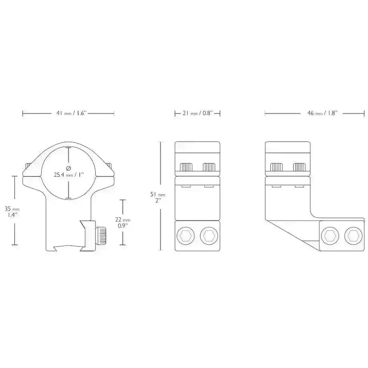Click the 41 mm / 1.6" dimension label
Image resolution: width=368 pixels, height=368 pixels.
[x=72, y=113]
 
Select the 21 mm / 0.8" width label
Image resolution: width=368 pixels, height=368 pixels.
[x=197, y=113]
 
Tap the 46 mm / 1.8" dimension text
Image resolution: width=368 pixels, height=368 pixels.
[x=322, y=113]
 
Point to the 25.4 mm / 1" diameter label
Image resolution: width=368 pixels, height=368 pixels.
[x=69, y=175]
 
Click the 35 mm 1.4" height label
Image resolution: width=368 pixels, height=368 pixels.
[x=12, y=212]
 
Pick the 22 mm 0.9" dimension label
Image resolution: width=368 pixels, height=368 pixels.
[x=122, y=222]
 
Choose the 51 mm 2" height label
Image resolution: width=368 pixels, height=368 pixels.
[x=158, y=197]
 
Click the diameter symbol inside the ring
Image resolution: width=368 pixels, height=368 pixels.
[x=68, y=168]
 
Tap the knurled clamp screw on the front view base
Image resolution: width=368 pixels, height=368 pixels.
[x=101, y=236]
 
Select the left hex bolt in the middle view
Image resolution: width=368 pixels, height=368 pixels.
[x=186, y=236]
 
